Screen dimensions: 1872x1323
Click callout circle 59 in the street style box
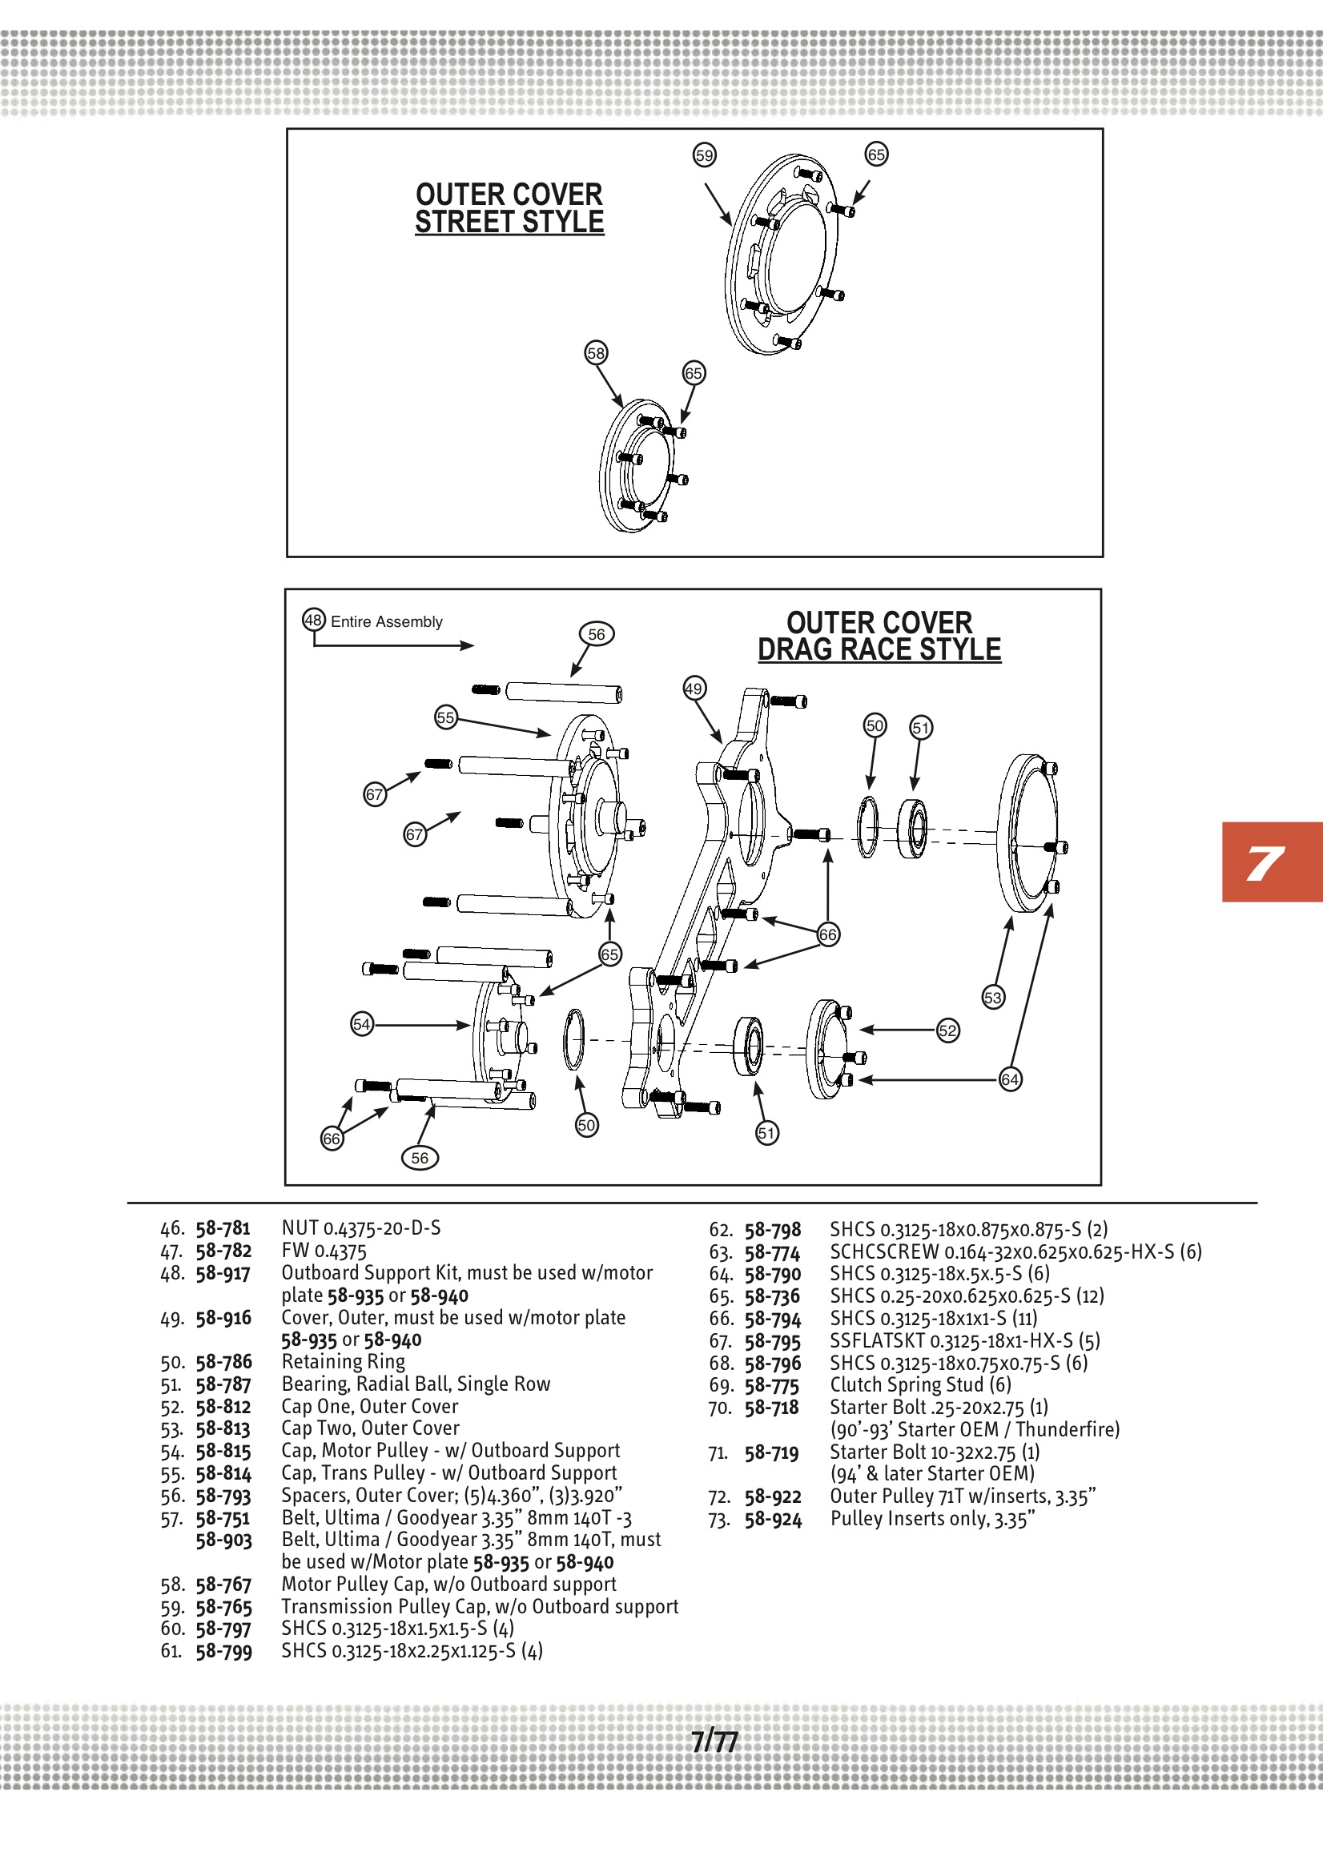pyautogui.click(x=704, y=155)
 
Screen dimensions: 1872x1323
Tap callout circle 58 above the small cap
pyautogui.click(x=597, y=353)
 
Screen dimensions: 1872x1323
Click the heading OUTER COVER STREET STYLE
pyautogui.click(x=509, y=208)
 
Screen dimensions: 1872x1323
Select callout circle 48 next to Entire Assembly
pyautogui.click(x=314, y=620)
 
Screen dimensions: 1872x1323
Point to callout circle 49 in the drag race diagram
pyautogui.click(x=694, y=688)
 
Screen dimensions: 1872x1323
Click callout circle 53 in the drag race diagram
pyautogui.click(x=993, y=997)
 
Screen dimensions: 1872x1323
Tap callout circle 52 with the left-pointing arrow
pyautogui.click(x=947, y=1030)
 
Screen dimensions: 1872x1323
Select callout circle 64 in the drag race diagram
pyautogui.click(x=1010, y=1079)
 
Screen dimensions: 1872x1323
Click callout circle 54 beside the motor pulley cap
pyautogui.click(x=362, y=1024)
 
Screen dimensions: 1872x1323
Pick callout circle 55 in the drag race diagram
pyautogui.click(x=445, y=717)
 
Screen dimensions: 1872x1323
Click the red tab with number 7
pyautogui.click(x=1271, y=862)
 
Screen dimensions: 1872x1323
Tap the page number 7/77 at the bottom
pyautogui.click(x=714, y=1741)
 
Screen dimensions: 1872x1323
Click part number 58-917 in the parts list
pyautogui.click(x=223, y=1274)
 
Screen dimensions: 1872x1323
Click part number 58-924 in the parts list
pyautogui.click(x=773, y=1520)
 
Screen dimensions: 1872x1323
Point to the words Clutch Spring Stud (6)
pyautogui.click(x=920, y=1384)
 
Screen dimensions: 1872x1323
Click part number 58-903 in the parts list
pyautogui.click(x=223, y=1541)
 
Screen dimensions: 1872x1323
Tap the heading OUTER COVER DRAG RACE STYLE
pyautogui.click(x=879, y=636)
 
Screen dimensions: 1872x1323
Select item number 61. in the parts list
pyautogui.click(x=172, y=1651)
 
